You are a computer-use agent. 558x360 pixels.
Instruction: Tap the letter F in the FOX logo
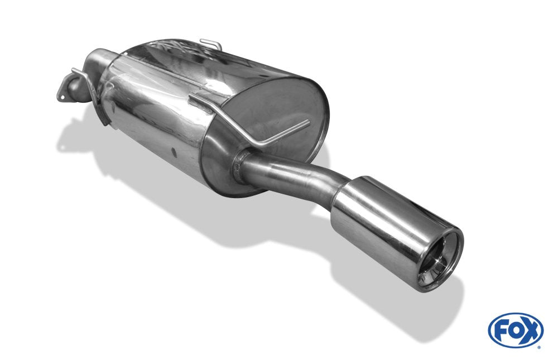(x=501, y=330)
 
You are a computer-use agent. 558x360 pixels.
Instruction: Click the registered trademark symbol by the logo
(x=538, y=347)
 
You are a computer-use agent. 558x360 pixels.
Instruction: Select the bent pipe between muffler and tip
(x=296, y=173)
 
